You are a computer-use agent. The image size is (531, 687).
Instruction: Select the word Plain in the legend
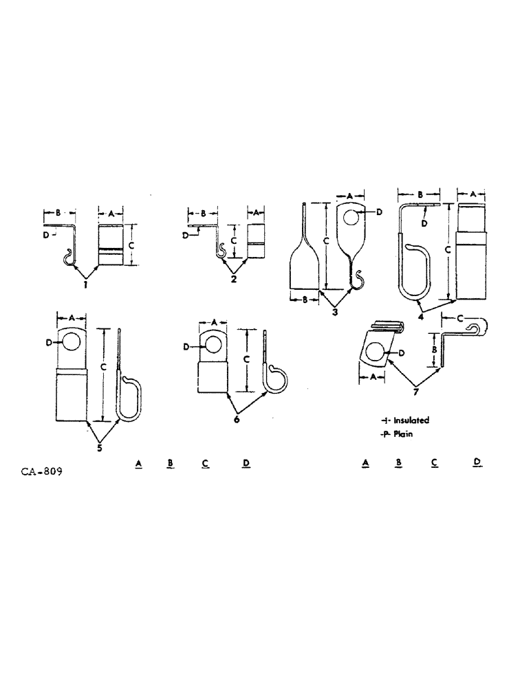tap(403, 434)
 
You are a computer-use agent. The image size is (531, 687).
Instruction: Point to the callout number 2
tap(234, 279)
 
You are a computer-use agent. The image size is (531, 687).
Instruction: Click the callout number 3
tap(335, 312)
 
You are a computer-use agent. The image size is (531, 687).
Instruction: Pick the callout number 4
tap(420, 317)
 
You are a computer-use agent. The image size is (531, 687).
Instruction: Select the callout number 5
tap(100, 447)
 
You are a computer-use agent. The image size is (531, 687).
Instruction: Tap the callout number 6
tap(236, 419)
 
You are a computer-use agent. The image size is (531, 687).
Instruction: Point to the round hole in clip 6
tap(213, 345)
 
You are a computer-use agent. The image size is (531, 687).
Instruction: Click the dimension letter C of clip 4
tap(448, 251)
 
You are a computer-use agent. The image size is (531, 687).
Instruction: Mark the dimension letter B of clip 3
tap(304, 299)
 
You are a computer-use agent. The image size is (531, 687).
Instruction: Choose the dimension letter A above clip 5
tap(71, 318)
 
